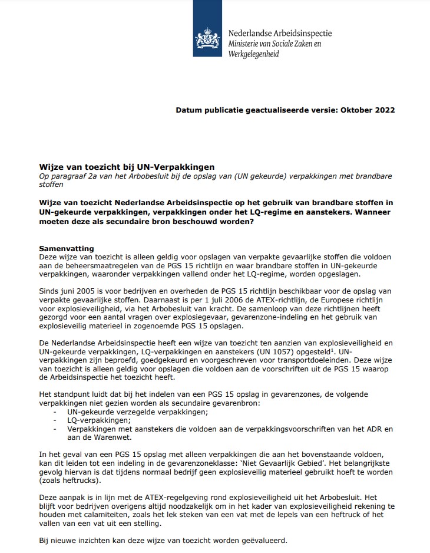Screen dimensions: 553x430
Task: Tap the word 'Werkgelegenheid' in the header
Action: pyautogui.click(x=254, y=54)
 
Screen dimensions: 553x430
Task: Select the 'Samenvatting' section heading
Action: pyautogui.click(x=66, y=249)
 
